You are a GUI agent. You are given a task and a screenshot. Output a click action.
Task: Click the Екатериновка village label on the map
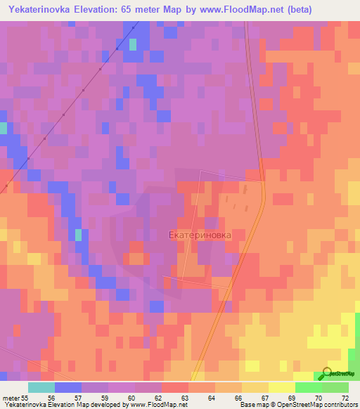click(200, 236)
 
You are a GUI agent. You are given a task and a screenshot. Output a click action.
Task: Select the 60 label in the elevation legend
click(121, 398)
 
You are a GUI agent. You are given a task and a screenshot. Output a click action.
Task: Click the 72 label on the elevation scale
click(345, 398)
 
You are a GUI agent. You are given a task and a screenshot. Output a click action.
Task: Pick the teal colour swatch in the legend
click(41, 387)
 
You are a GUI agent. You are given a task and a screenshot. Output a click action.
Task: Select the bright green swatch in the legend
click(308, 387)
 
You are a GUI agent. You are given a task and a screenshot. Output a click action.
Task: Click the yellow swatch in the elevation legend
click(281, 387)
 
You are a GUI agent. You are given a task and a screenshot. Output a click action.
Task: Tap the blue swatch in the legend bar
click(67, 387)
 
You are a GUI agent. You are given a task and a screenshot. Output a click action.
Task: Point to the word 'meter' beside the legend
click(10, 398)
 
